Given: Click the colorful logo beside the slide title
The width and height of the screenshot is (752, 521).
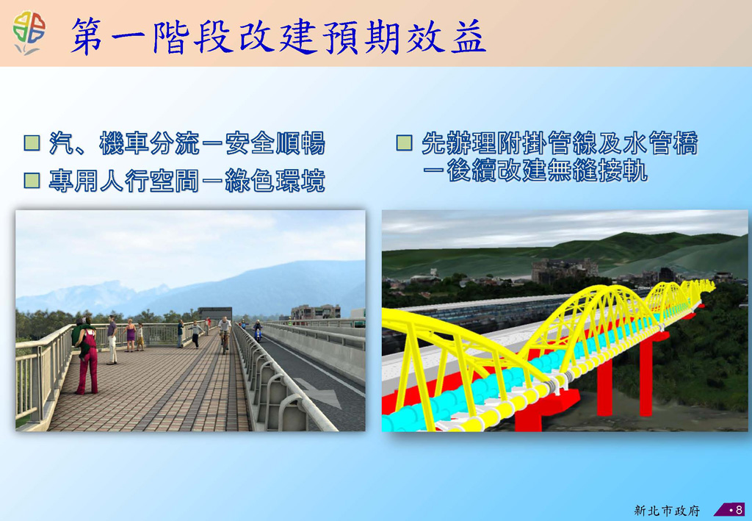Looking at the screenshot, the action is coord(29,32).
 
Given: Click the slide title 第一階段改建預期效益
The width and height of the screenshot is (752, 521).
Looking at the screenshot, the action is coord(278,37).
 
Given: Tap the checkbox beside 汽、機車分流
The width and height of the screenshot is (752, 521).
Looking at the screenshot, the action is coord(32,143).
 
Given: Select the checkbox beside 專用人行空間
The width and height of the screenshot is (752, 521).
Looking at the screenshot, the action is coord(32,181).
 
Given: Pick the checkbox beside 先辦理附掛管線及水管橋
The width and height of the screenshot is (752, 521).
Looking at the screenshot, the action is coord(405,143).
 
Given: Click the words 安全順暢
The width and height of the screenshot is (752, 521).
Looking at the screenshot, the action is coord(275,143).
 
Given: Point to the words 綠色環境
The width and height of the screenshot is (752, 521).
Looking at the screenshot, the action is coord(275,181).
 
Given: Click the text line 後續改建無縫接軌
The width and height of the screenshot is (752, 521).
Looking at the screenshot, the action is coord(547,170).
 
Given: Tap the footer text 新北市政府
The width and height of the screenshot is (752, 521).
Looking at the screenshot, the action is coord(667,510).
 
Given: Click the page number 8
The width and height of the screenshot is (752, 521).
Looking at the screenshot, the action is coord(739,509).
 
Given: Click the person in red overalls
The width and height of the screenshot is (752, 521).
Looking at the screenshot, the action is coord(87,356).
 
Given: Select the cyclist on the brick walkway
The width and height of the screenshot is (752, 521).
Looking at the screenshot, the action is coord(225,334).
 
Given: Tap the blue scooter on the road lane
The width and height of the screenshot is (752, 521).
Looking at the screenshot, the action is coord(258,331).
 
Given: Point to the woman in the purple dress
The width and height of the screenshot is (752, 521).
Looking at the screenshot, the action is coord(130,335).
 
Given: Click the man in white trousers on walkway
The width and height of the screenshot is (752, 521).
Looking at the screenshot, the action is coord(112,339).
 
